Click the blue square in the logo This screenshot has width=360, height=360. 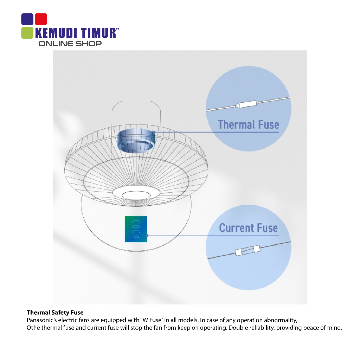pyautogui.click(x=27, y=19)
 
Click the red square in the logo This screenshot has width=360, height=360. pyautogui.click(x=41, y=19)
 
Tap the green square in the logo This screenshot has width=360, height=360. pyautogui.click(x=27, y=33)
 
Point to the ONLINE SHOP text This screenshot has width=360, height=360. pyautogui.click(x=70, y=44)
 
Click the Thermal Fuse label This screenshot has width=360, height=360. pyautogui.click(x=249, y=125)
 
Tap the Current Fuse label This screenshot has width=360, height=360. pyautogui.click(x=249, y=228)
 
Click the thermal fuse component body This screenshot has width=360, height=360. pyautogui.click(x=247, y=104)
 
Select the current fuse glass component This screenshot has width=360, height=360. pyautogui.click(x=247, y=250)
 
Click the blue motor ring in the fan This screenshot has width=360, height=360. pyautogui.click(x=136, y=141)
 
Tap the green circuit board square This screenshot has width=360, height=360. pyautogui.click(x=136, y=229)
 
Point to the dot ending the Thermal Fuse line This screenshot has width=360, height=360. pyautogui.click(x=154, y=132)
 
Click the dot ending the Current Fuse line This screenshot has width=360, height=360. pyautogui.click(x=147, y=236)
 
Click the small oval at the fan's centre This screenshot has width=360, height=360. pyautogui.click(x=136, y=195)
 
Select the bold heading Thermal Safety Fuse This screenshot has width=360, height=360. pyautogui.click(x=55, y=313)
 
